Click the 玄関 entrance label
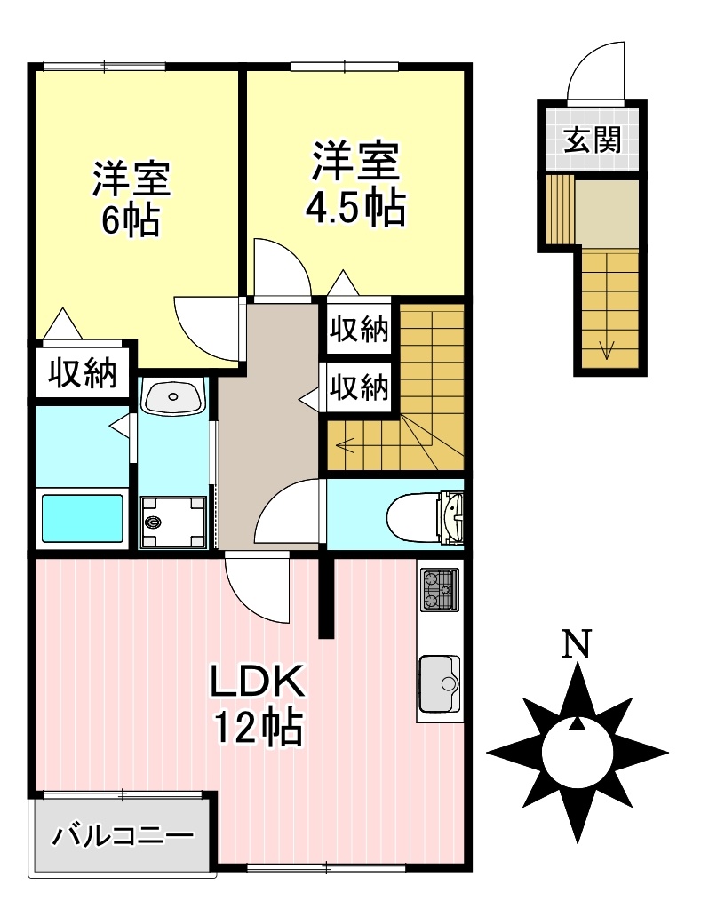click(591, 140)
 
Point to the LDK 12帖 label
click(259, 705)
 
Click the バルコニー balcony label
click(122, 836)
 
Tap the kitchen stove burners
click(439, 588)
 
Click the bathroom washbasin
click(172, 395)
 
